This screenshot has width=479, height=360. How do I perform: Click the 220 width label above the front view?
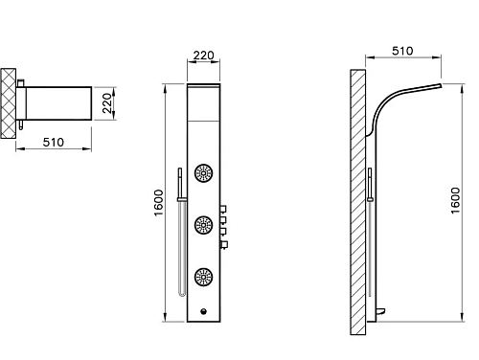click(203, 56)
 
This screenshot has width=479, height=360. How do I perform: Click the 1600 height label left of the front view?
click(159, 203)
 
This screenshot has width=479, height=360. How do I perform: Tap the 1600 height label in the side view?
click(456, 201)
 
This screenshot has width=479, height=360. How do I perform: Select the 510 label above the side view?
click(402, 51)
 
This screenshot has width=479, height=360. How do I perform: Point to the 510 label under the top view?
click(54, 142)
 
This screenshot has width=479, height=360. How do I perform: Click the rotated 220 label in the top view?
click(107, 103)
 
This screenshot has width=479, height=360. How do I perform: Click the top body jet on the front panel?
click(203, 173)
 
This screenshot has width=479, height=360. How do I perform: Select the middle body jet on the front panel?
click(203, 225)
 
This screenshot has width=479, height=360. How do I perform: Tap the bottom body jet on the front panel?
click(203, 277)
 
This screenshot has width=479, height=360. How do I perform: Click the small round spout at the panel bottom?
click(203, 311)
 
